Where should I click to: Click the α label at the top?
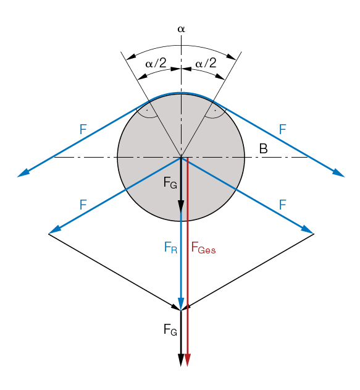pos(181,29)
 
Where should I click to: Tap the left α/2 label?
pos(156,63)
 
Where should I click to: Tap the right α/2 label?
pos(206,63)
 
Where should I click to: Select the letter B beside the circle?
pos(263,148)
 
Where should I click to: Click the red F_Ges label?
pos(203,248)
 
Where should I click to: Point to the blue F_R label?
pos(170,248)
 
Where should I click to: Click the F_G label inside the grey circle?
pos(170,182)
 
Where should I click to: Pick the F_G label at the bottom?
pos(170,329)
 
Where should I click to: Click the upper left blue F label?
pos(83,129)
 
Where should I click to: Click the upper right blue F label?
pos(283,129)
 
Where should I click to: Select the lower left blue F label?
pos(83,205)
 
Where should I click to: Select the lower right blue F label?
pos(283,205)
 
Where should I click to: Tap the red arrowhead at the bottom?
pos(188,360)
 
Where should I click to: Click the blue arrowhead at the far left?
pos(23,173)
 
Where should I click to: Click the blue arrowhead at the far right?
pos(339,173)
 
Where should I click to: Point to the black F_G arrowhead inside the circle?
pos(181,206)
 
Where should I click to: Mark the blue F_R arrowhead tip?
pos(181,310)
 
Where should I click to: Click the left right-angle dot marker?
pos(147,109)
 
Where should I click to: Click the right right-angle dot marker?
pos(215,109)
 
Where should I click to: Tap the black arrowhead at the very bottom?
pos(181,360)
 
